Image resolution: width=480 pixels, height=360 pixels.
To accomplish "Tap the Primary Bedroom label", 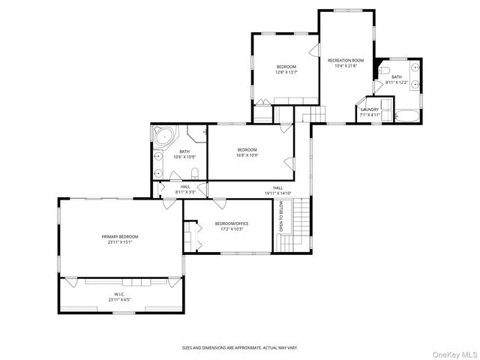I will tap(120, 236).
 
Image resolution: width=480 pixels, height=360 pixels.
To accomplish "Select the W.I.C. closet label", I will tap(120, 295).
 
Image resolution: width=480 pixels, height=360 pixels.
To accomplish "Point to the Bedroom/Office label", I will tap(231, 223).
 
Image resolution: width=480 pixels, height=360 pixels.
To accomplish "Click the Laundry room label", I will tap(369, 109).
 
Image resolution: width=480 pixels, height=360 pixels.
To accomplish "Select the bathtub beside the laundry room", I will tap(409, 116).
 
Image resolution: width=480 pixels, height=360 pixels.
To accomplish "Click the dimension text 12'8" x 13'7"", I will tap(286, 73).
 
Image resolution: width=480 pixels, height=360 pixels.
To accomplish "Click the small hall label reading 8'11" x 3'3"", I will tap(185, 193).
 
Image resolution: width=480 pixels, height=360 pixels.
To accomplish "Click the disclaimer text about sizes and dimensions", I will tap(240, 347).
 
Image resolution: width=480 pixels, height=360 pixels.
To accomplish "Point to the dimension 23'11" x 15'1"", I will tap(120, 242).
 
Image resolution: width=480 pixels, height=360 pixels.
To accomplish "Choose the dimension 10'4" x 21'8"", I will tap(349, 66).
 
